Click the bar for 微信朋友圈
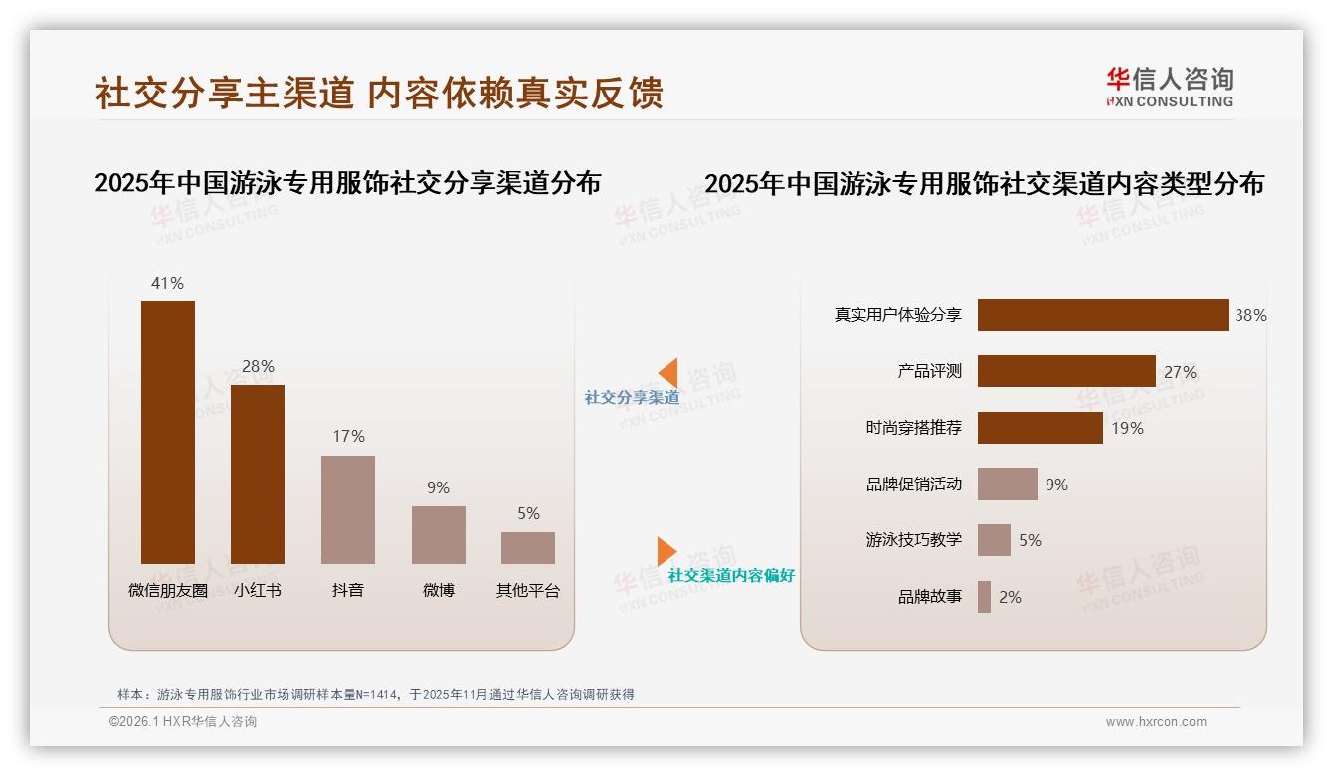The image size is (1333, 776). [168, 433]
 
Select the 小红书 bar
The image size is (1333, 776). [258, 475]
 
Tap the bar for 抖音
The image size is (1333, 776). [348, 509]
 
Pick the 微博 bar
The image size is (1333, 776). [439, 535]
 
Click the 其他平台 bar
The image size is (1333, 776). [528, 548]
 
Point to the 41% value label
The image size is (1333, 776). [167, 283]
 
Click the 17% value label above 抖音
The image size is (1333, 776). [348, 436]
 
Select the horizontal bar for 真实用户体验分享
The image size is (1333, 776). [1102, 315]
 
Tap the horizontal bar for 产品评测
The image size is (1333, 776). [1066, 371]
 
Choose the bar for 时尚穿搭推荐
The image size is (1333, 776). [1040, 428]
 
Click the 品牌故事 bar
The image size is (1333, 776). [984, 597]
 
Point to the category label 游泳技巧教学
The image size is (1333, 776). [914, 540]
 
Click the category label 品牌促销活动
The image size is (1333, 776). [914, 485]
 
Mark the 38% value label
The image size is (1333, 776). [1250, 315]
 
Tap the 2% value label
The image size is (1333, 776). [1010, 597]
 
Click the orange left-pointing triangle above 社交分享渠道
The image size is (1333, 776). [668, 372]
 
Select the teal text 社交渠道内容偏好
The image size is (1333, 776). [731, 575]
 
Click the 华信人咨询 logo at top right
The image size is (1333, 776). [1169, 87]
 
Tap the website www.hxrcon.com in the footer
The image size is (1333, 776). [1156, 722]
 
